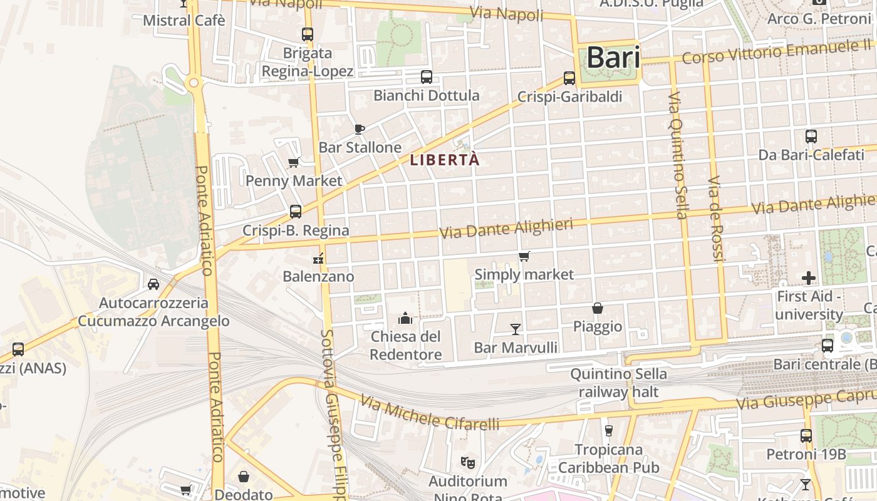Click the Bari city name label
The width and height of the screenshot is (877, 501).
tap(613, 58)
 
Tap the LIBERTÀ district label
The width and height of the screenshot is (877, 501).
tap(445, 160)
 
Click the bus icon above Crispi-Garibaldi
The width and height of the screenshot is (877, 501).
tap(569, 78)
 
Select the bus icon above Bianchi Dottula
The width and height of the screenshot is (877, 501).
tap(427, 77)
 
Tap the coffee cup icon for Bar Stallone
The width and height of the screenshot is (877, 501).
tap(359, 129)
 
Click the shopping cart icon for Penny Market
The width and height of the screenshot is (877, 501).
tap(293, 163)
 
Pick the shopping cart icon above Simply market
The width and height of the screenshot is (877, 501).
tap(524, 256)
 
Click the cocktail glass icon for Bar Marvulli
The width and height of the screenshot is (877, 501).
tap(516, 329)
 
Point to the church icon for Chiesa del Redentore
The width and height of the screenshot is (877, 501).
tap(405, 318)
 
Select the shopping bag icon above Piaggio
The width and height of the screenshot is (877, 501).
tap(598, 308)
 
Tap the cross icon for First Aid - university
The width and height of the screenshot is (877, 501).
tap(809, 277)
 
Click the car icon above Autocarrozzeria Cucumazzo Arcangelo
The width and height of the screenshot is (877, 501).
tap(153, 284)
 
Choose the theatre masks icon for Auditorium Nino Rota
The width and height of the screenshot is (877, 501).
tap(467, 463)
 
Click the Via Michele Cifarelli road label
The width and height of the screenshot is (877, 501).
tap(431, 414)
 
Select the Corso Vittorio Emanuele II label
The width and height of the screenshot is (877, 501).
tap(777, 51)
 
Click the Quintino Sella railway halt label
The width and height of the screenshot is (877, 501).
tap(618, 383)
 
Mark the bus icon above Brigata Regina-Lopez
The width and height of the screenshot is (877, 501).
tap(307, 34)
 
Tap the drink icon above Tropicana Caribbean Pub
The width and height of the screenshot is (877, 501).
tap(608, 431)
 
